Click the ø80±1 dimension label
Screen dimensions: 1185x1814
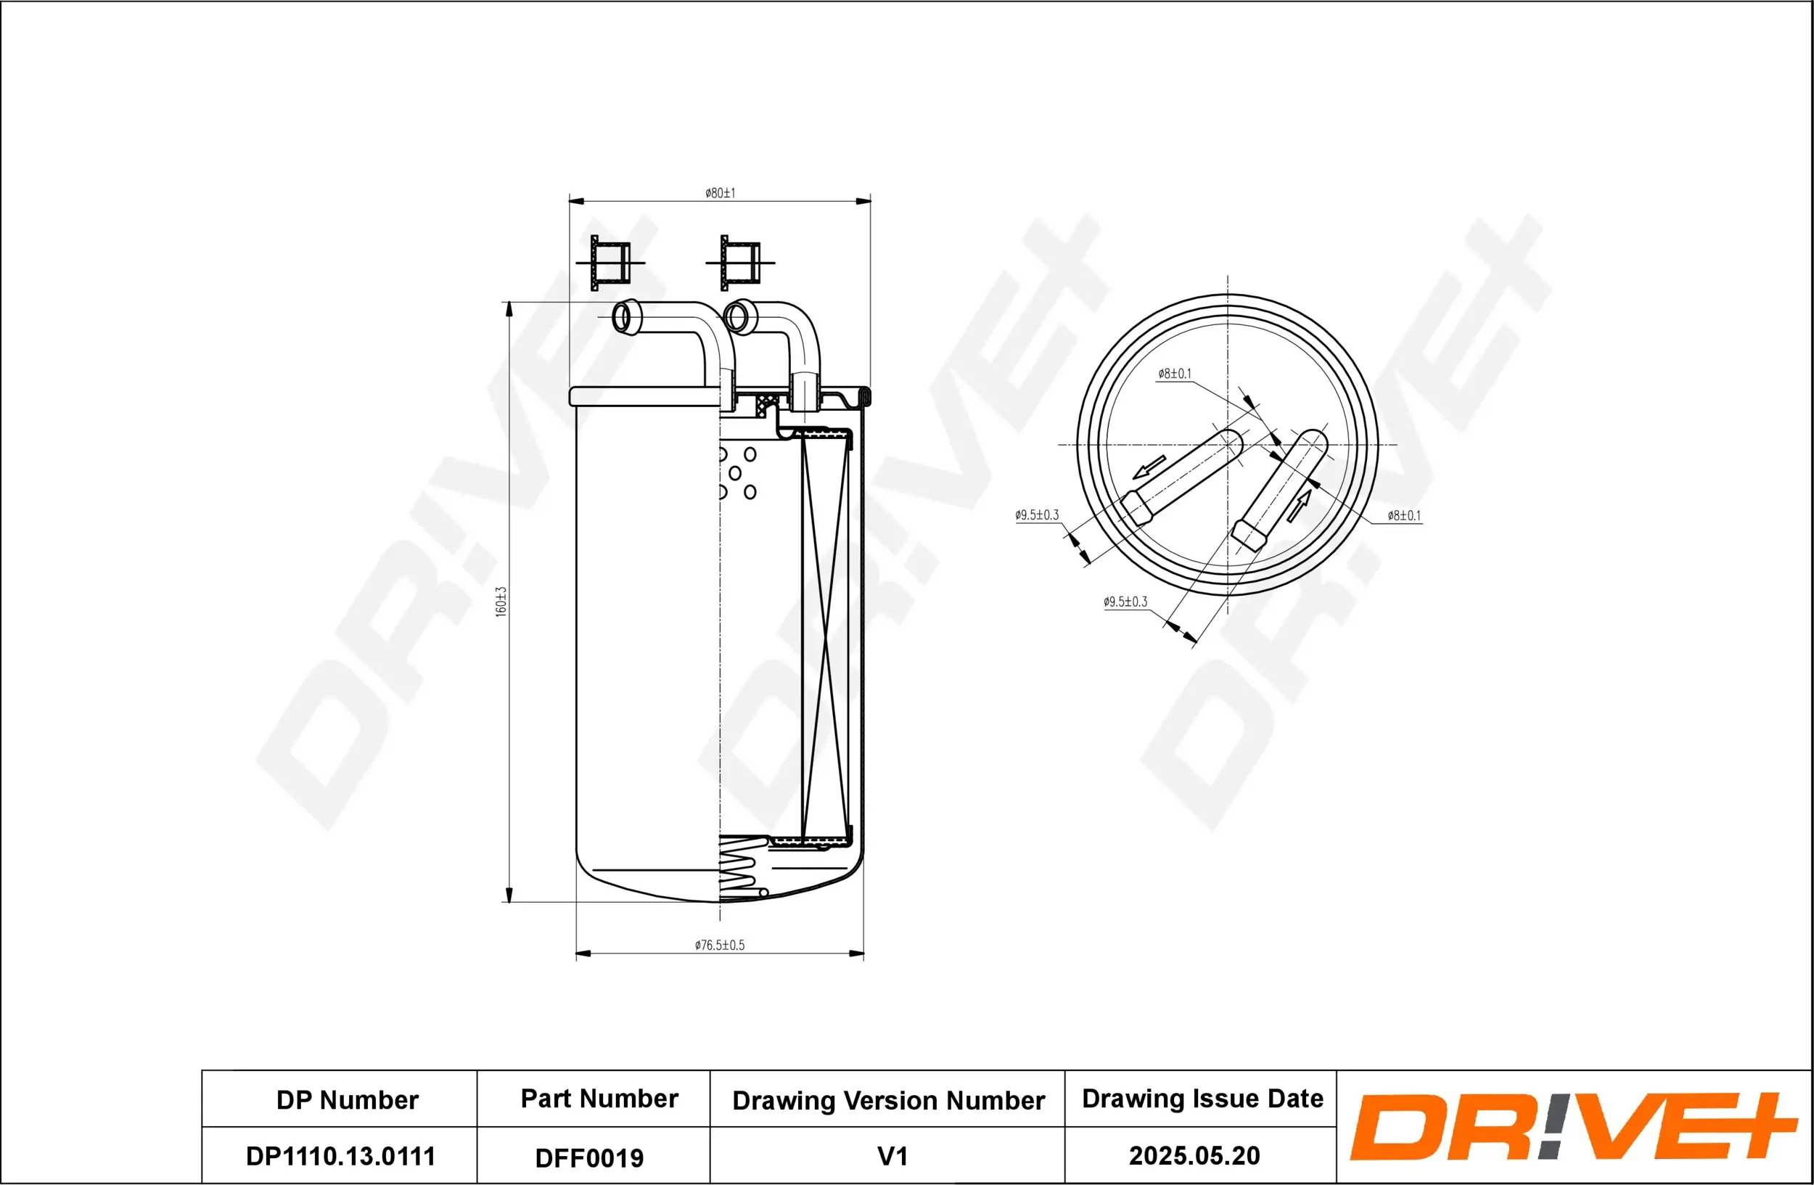(720, 193)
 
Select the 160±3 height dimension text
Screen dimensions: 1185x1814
(501, 602)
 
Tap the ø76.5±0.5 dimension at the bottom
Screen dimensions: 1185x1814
(719, 945)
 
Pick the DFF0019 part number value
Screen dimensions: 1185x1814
(589, 1158)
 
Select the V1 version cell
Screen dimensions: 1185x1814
(892, 1156)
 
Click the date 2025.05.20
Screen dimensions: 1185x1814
(1194, 1156)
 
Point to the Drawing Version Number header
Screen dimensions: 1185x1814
(888, 1100)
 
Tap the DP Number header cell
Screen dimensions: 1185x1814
(347, 1099)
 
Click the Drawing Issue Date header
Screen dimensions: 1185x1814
(1202, 1098)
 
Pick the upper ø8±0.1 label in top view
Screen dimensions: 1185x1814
(1174, 374)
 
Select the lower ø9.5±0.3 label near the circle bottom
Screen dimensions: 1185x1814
(1125, 602)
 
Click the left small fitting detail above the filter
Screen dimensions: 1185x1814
(610, 262)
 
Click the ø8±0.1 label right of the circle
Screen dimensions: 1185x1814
(1404, 515)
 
